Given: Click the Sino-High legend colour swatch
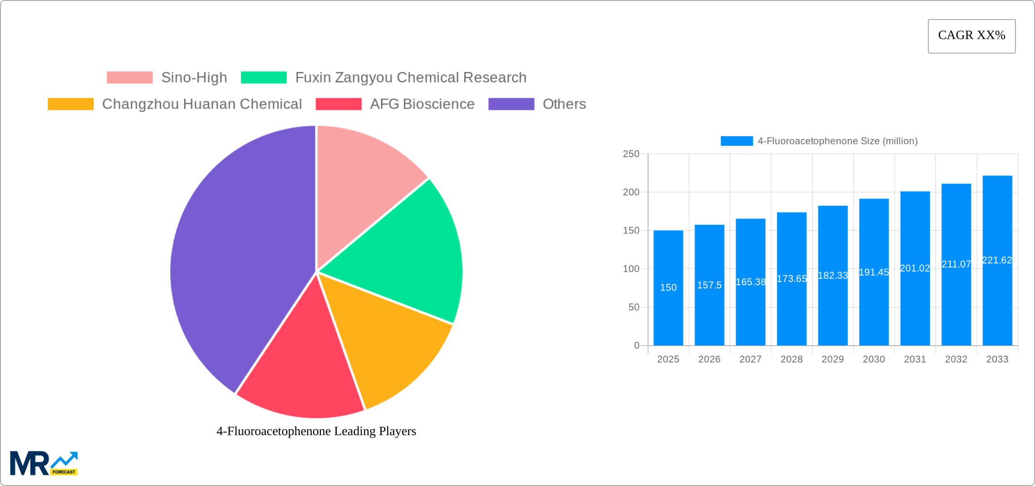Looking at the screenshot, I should point(129,78).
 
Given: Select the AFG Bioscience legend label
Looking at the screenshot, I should point(422,104).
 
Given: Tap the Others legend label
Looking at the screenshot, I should point(564,104).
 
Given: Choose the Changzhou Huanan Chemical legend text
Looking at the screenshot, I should point(202,104).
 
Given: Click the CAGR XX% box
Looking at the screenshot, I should point(971,36).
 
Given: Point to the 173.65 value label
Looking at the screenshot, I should point(792,278).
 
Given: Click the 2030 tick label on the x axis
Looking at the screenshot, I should point(874,359).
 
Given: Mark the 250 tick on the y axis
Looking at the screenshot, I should point(631,154).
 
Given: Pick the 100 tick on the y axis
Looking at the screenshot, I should point(631,269).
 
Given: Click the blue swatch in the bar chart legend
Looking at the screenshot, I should point(736,141).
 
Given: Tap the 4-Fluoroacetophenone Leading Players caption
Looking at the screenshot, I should point(316,431).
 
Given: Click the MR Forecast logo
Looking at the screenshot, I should point(44,463).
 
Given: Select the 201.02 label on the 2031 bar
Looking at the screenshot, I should point(915,268).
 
